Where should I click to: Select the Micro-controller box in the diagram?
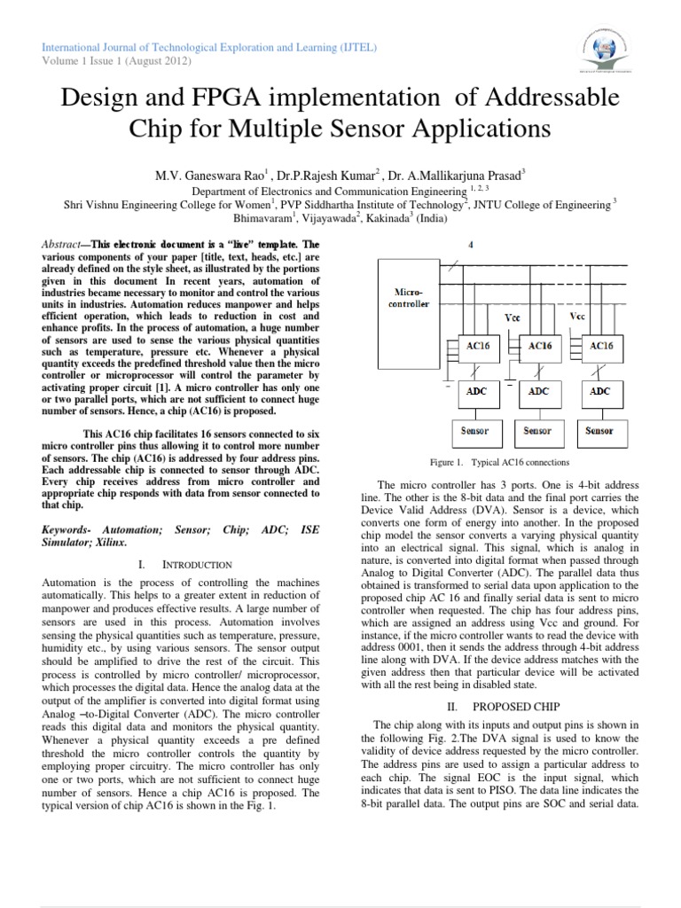409,297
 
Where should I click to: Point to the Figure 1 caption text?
500,462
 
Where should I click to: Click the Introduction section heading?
194,564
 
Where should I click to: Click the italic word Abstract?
65,243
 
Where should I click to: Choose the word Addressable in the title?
536,97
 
